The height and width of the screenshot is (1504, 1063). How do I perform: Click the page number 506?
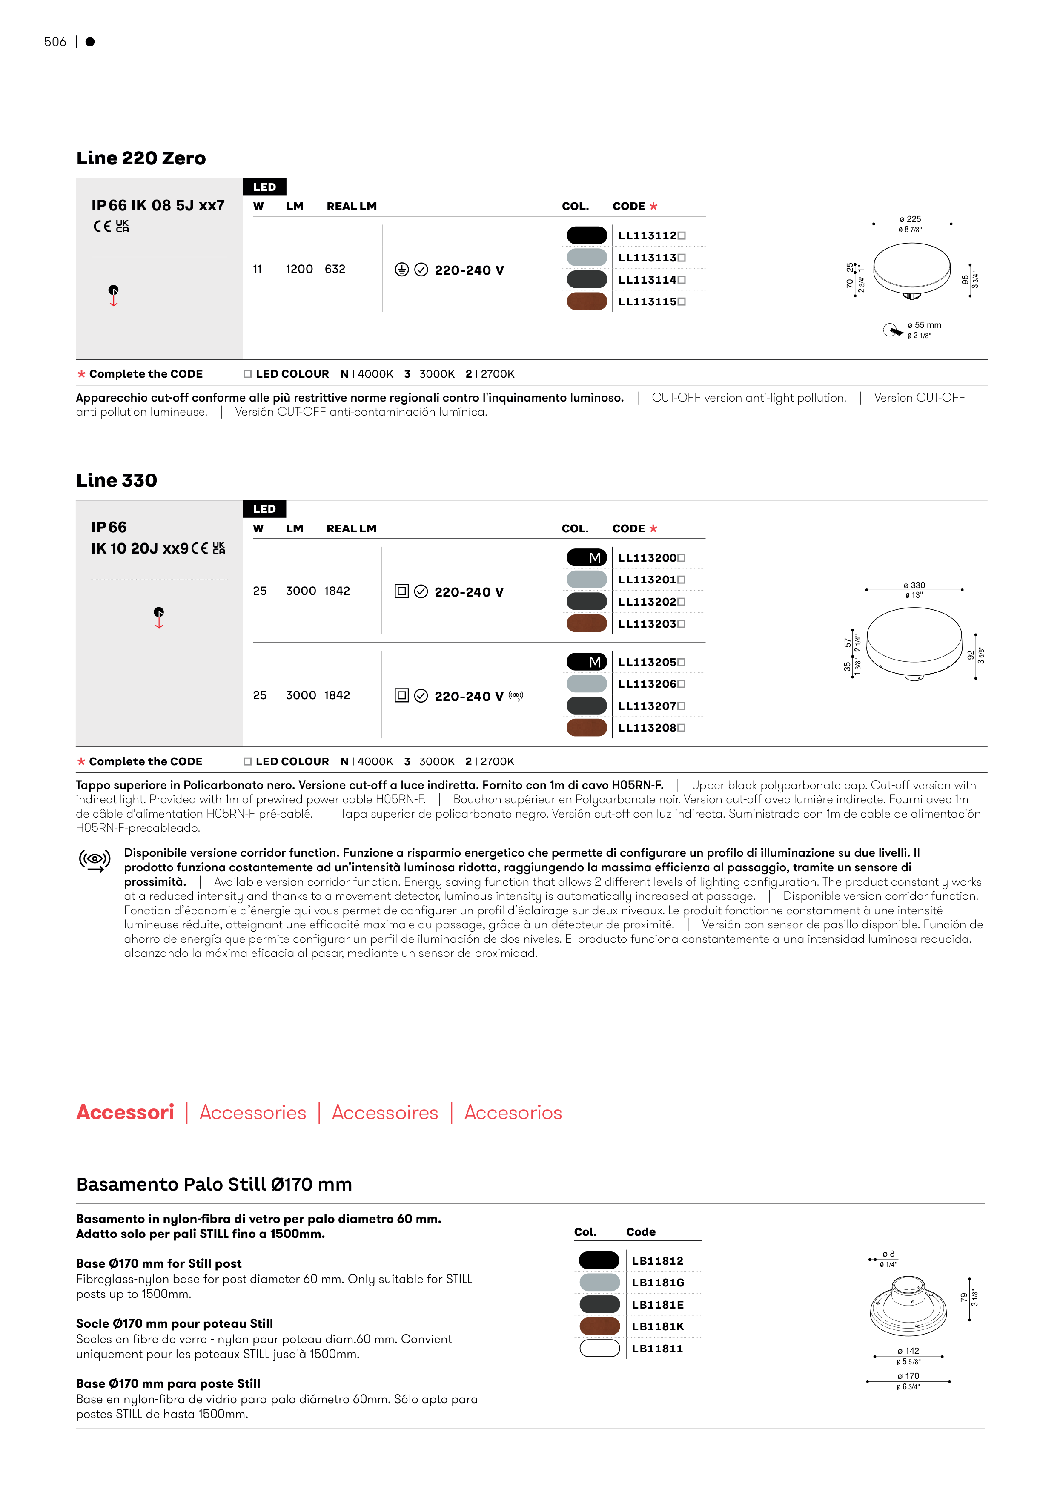tap(55, 42)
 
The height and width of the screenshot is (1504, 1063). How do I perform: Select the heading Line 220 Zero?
tap(141, 158)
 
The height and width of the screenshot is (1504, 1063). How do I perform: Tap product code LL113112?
tap(647, 236)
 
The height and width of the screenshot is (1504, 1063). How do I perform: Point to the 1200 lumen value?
tap(299, 269)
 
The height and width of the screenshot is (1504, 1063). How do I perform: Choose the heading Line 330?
tap(117, 481)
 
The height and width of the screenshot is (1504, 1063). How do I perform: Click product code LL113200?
tap(647, 558)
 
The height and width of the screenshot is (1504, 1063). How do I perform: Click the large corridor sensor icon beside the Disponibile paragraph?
tap(95, 860)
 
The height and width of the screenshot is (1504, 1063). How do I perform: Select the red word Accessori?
tap(125, 1112)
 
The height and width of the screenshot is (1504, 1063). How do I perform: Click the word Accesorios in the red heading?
tap(513, 1112)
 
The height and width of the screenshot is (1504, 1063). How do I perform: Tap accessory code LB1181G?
tap(658, 1283)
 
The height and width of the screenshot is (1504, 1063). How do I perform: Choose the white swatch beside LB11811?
tap(599, 1348)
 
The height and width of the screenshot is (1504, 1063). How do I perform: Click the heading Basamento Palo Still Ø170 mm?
tap(214, 1184)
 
